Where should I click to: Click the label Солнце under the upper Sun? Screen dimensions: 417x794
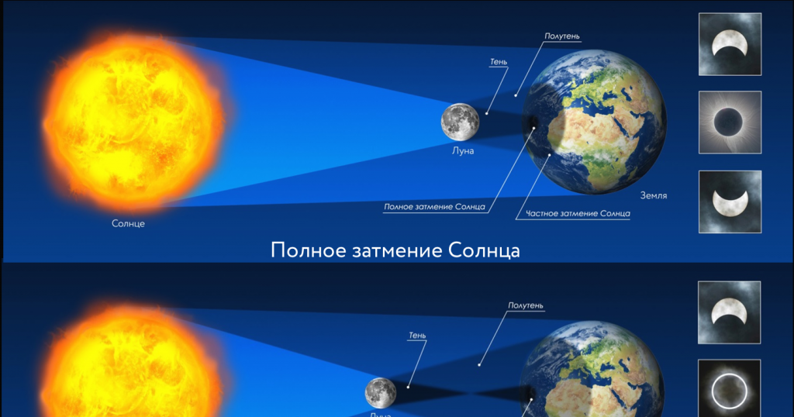[128, 223]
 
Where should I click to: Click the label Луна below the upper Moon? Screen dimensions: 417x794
[462, 151]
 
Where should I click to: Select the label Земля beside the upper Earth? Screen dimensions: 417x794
[654, 196]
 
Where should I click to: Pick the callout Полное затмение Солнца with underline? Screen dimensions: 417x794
[434, 207]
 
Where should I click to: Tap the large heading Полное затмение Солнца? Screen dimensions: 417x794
[395, 251]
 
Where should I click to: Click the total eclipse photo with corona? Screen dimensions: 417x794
[730, 122]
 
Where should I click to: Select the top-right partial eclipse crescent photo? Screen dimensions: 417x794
[730, 44]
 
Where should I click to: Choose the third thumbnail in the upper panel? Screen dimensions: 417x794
[730, 202]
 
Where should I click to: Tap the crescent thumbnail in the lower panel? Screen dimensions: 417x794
[730, 312]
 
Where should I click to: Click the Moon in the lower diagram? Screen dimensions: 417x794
[381, 392]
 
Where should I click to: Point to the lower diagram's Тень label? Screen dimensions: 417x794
[417, 335]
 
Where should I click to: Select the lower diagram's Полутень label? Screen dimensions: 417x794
[525, 305]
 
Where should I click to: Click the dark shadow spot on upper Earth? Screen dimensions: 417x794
[533, 126]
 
